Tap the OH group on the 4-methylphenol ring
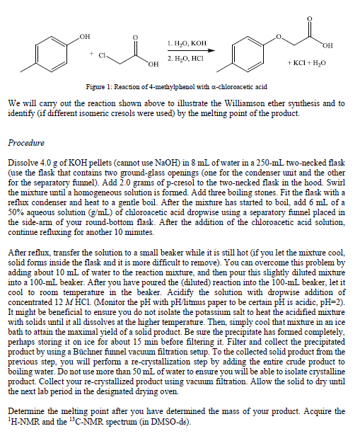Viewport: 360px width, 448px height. coord(86,35)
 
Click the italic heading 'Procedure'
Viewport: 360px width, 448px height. coord(26,142)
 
